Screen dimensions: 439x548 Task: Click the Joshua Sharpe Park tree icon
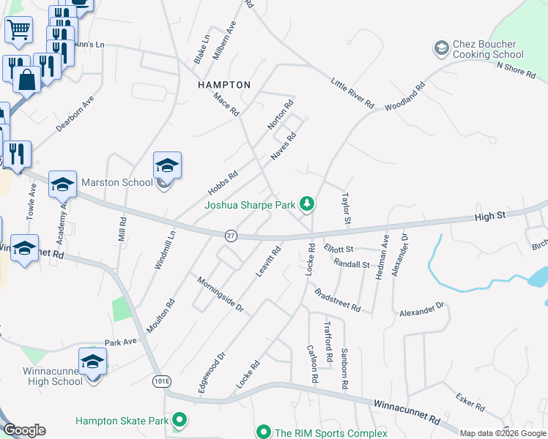coord(308,203)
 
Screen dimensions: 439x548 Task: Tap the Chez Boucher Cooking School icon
coord(441,48)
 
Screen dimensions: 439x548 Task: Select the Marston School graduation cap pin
coord(167,166)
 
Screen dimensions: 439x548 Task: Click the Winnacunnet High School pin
coord(93,361)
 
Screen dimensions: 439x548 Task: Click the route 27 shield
coord(231,235)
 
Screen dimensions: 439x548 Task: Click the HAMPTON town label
coord(224,85)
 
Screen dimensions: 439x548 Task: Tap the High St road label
coord(490,216)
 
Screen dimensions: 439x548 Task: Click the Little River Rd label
coord(352,93)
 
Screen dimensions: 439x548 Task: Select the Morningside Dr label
coord(221,294)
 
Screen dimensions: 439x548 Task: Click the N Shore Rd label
coord(519,67)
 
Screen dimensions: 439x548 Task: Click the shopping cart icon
coord(19,30)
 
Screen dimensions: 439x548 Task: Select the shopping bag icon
coord(27,80)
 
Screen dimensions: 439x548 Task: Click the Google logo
coord(24,430)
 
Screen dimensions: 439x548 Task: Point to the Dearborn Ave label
coord(75,113)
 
